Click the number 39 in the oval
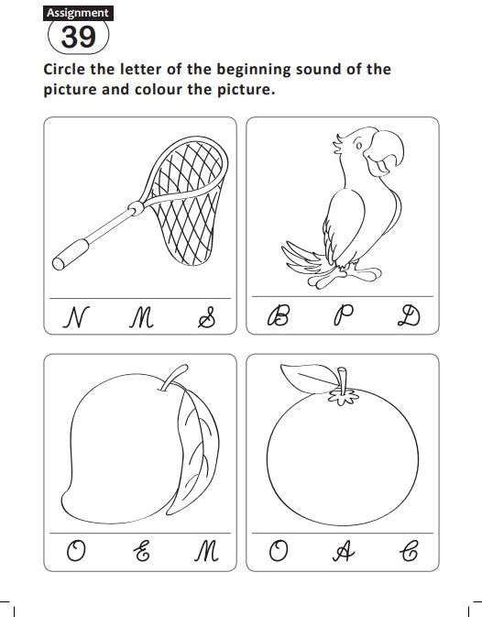pos(78,37)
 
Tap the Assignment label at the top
pos(78,13)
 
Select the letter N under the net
pos(76,317)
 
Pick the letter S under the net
pos(206,317)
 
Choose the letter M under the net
pos(141,318)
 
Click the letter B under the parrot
pos(279,316)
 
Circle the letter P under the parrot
pos(344,315)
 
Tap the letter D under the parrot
pos(409,316)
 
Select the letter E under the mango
pos(141,550)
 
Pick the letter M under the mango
pos(206,551)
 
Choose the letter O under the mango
pos(76,551)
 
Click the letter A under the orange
pos(344,551)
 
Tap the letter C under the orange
pos(409,551)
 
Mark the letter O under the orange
pos(279,551)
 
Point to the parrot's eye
pos(359,145)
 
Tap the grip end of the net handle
pos(71,255)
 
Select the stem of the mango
pos(173,378)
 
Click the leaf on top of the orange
pos(310,378)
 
